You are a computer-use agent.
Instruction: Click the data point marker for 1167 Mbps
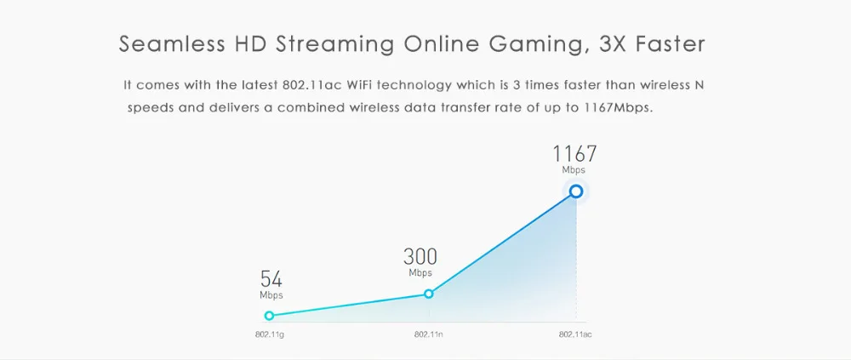(576, 191)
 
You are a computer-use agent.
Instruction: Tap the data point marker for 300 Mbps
(428, 294)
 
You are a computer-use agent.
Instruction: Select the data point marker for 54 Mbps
(270, 316)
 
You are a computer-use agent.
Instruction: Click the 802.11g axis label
(269, 334)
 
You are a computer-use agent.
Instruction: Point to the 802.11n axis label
(428, 334)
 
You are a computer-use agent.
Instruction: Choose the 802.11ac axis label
(575, 334)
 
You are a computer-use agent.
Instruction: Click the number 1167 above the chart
(574, 154)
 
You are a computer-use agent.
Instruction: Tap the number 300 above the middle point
(420, 256)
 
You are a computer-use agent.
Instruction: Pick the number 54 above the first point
(271, 278)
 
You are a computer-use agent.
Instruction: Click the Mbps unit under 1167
(574, 170)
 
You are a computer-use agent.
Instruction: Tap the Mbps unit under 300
(420, 273)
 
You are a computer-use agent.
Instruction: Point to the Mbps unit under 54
(271, 295)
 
